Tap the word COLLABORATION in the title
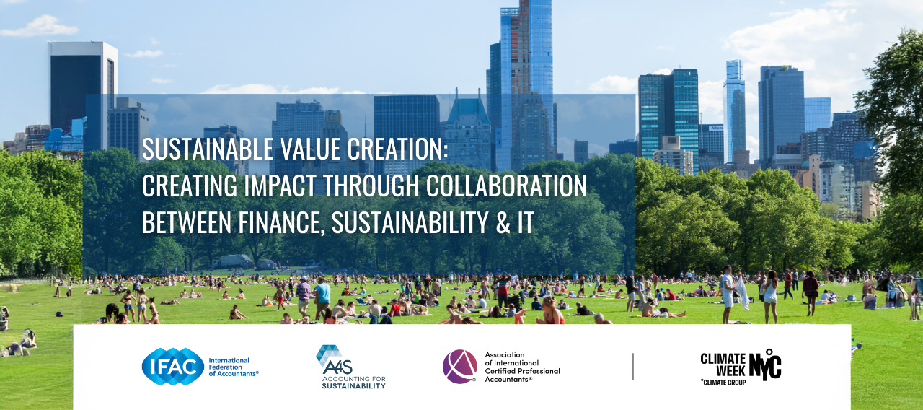(x=506, y=186)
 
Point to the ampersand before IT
(x=503, y=223)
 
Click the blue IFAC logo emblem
(x=173, y=367)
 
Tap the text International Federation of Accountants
(x=233, y=367)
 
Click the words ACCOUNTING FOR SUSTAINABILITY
(x=353, y=383)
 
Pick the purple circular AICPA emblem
(x=460, y=367)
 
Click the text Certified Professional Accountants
(x=522, y=375)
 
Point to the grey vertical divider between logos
(x=633, y=367)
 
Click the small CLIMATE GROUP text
(x=723, y=383)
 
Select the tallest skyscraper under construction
(x=521, y=82)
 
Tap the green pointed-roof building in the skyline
(x=468, y=132)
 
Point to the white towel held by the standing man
(x=743, y=293)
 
